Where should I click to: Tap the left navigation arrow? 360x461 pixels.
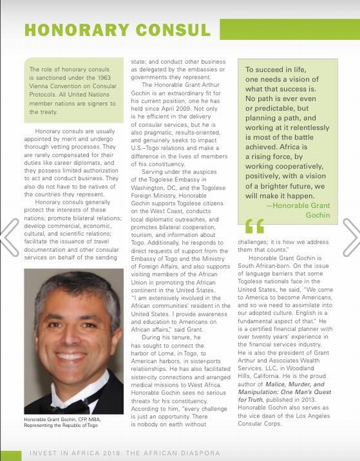click(x=9, y=237)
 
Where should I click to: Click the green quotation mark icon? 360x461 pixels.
click(x=254, y=226)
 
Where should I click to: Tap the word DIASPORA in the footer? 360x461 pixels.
click(x=198, y=453)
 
